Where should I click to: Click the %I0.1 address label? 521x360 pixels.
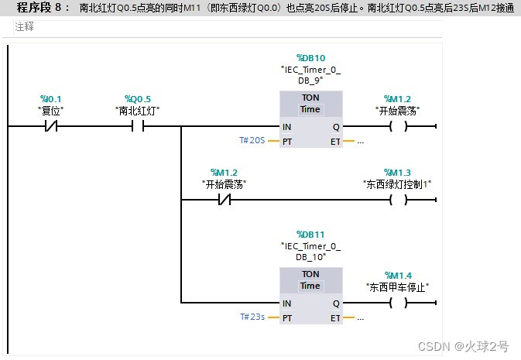(x=51, y=99)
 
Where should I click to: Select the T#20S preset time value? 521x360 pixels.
(x=252, y=142)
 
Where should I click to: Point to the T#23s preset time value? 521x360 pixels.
(x=252, y=317)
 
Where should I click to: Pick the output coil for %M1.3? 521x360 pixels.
(x=397, y=201)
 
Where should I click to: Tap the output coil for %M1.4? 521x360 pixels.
(x=397, y=303)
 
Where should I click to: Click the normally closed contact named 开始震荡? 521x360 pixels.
(x=225, y=201)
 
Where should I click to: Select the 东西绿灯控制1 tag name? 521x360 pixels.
(x=397, y=183)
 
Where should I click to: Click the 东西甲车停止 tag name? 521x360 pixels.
(x=397, y=286)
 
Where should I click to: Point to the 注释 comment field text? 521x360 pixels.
(x=25, y=26)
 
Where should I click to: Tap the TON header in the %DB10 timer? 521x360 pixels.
(x=310, y=98)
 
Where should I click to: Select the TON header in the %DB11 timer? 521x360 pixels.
(x=310, y=274)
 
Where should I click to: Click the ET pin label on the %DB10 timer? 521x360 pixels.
(x=334, y=142)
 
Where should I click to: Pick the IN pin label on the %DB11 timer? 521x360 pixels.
(x=287, y=303)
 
